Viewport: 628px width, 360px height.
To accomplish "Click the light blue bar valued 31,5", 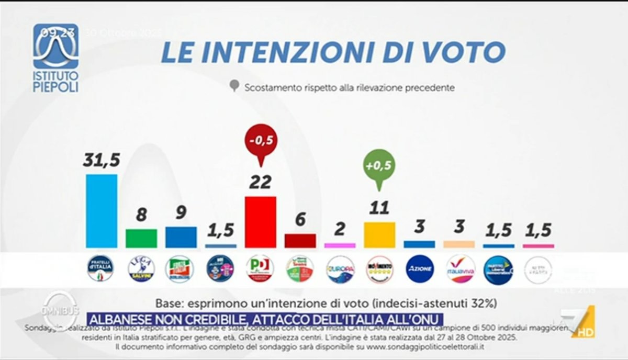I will click(x=102, y=211).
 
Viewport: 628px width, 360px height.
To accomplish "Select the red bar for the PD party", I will click(x=261, y=222).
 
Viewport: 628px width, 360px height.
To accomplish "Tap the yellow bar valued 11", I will click(x=379, y=234).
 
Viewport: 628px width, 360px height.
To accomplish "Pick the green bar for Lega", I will click(x=141, y=238).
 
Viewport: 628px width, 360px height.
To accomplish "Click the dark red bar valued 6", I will click(x=300, y=241).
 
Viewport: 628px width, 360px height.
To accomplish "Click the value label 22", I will click(x=260, y=182).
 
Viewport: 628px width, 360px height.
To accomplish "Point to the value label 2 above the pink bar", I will click(x=340, y=229).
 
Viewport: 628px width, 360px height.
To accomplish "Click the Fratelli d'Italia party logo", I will click(x=100, y=269).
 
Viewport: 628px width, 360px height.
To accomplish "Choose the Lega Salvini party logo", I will click(x=141, y=269).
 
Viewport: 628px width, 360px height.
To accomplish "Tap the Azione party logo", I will click(x=420, y=269).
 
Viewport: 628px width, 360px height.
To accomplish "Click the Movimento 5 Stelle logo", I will click(x=380, y=269).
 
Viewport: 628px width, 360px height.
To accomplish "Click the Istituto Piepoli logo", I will click(x=56, y=58).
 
